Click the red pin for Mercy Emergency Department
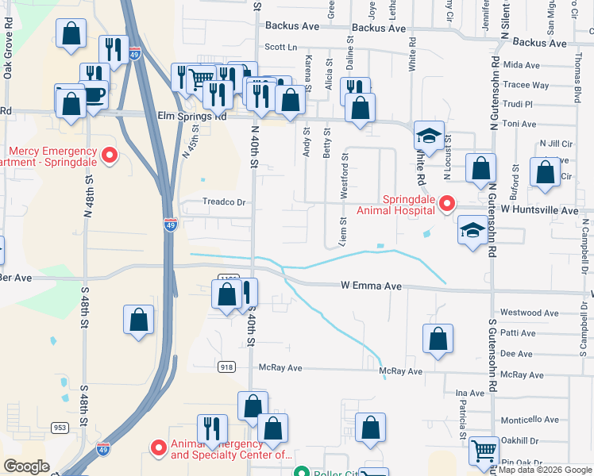click(110, 154)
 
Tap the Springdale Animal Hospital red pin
click(446, 204)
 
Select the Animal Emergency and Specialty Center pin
click(158, 448)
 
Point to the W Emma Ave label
click(372, 286)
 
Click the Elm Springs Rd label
click(192, 116)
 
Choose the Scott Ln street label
click(280, 48)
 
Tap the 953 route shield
click(60, 426)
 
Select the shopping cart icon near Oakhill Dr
click(484, 451)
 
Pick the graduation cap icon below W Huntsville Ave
click(472, 230)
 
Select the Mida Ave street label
click(521, 64)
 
